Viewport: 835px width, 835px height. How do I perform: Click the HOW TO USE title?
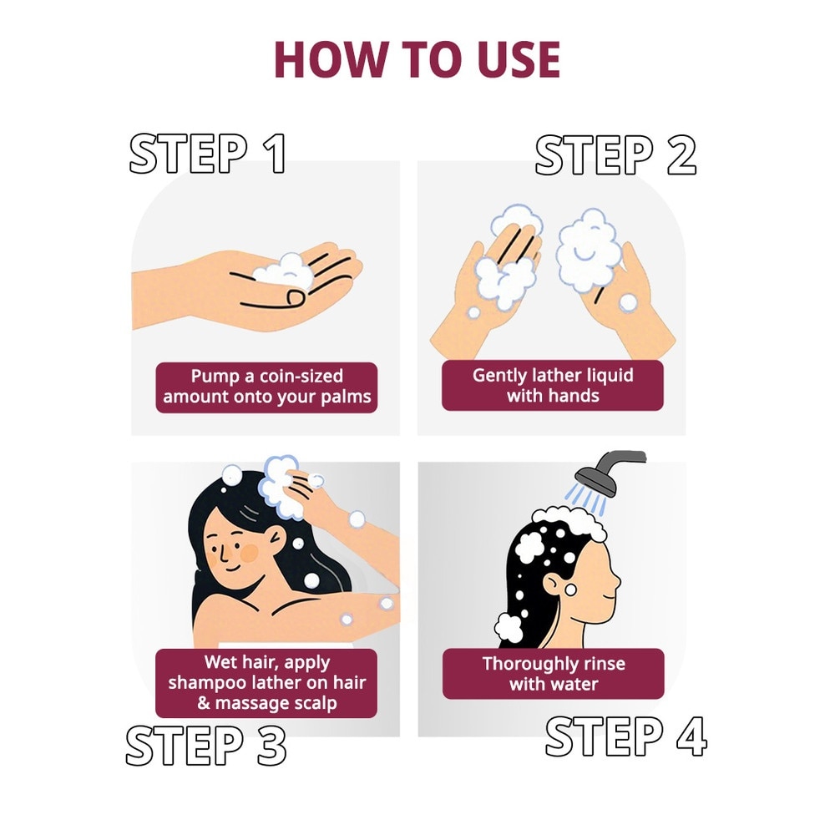click(417, 58)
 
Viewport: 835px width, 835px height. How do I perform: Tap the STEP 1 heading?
click(208, 154)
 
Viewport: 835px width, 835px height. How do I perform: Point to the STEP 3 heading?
click(206, 745)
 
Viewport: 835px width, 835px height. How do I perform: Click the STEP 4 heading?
click(625, 736)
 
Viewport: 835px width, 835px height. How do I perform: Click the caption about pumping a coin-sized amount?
click(266, 386)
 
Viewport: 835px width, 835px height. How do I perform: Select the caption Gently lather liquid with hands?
click(553, 385)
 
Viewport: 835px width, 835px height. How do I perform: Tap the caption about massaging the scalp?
click(266, 683)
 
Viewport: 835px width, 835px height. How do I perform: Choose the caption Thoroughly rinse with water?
click(553, 674)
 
